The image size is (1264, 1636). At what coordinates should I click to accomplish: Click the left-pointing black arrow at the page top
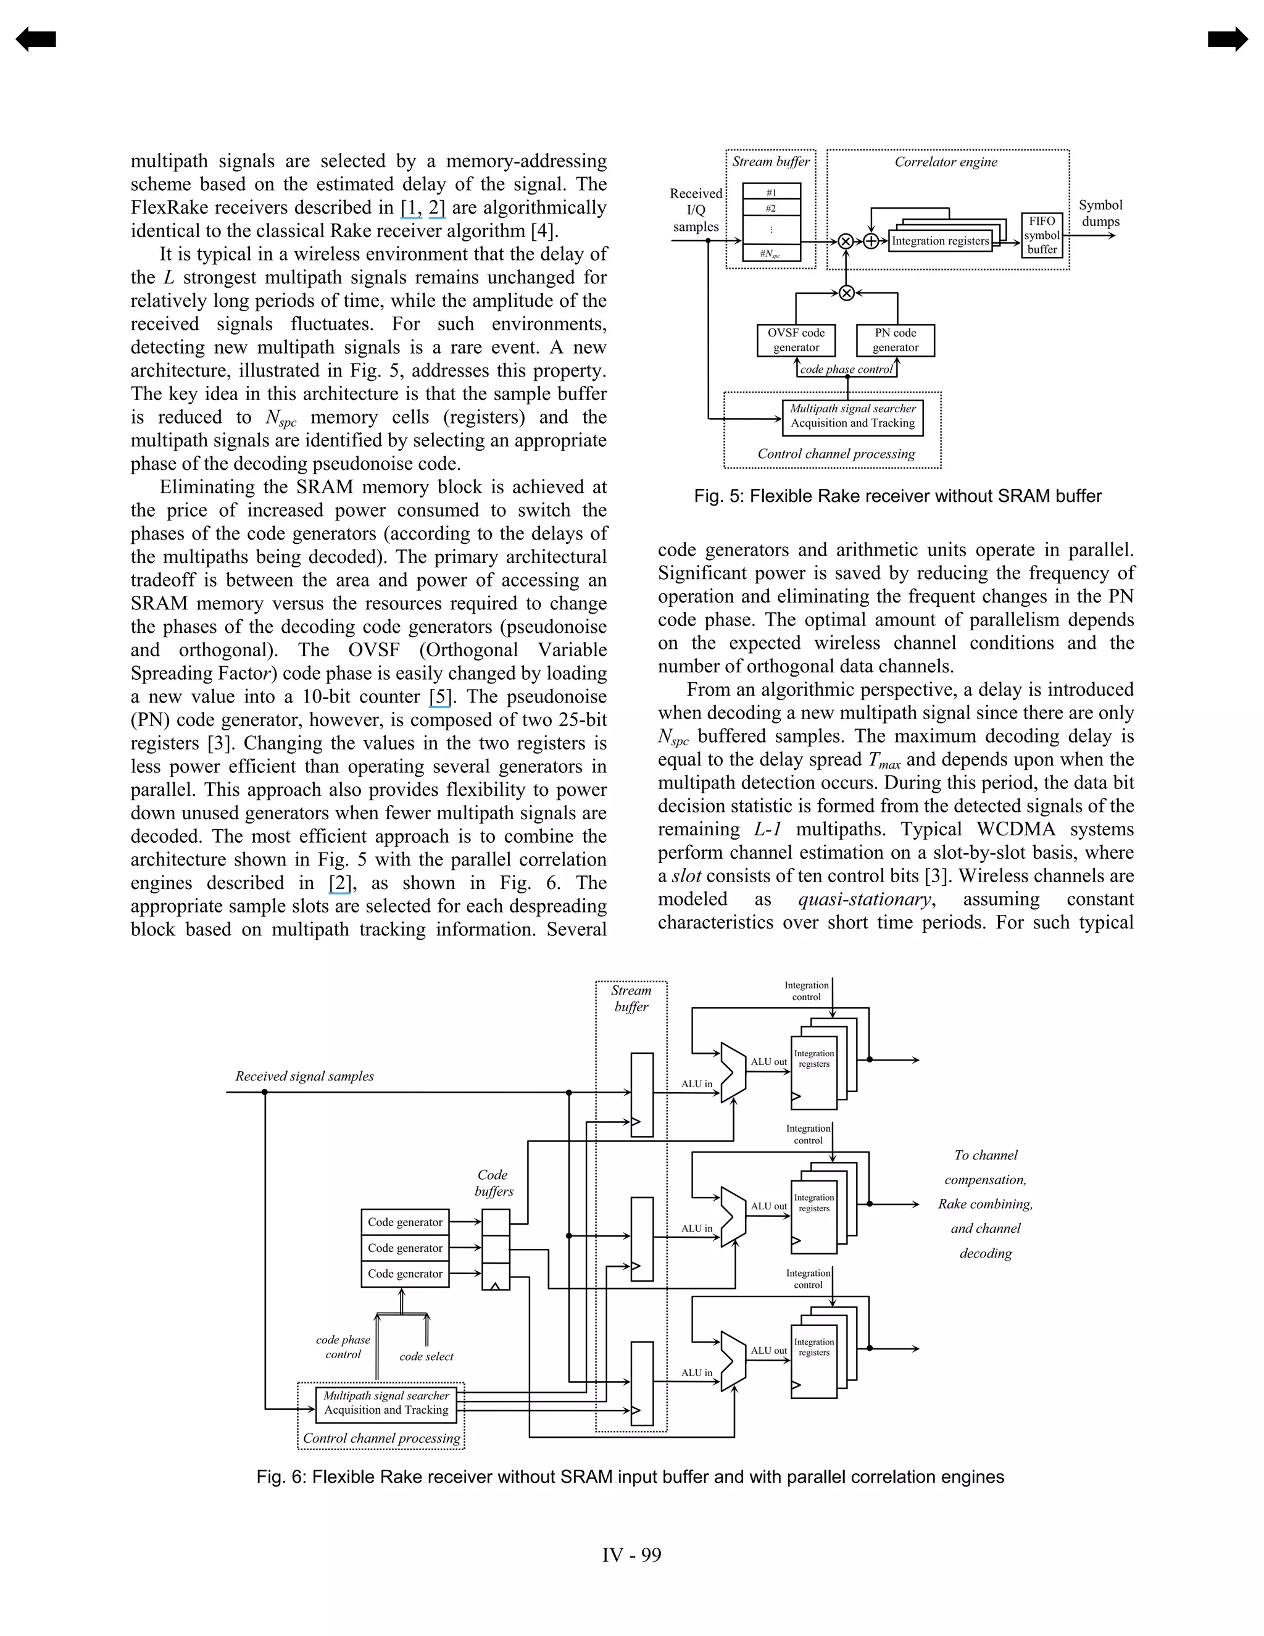coord(35,39)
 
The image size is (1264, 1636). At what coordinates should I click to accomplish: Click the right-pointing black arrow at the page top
coord(1228,39)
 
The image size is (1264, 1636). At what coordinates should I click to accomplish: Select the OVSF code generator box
coord(796,340)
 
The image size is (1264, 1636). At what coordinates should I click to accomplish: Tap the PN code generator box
coord(895,340)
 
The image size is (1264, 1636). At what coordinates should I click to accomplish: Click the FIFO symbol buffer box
coord(1042,235)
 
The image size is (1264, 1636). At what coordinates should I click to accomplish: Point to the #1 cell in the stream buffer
coord(770,192)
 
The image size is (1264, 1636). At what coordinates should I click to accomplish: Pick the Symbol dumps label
coord(1100,213)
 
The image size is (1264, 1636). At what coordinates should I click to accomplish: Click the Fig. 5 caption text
coord(897,496)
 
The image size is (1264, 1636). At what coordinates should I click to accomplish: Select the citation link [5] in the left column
coord(440,696)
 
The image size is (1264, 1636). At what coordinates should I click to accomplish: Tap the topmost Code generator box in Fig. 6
coord(405,1222)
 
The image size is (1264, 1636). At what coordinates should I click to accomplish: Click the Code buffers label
coord(494,1183)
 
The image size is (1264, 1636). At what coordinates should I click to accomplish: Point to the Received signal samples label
coord(304,1077)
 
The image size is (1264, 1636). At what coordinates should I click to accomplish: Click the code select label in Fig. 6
coord(426,1356)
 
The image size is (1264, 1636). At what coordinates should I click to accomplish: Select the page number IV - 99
coord(631,1555)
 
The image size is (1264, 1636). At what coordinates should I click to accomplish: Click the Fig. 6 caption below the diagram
coord(630,1477)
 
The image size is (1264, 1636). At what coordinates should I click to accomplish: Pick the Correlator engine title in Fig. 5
coord(946,162)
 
